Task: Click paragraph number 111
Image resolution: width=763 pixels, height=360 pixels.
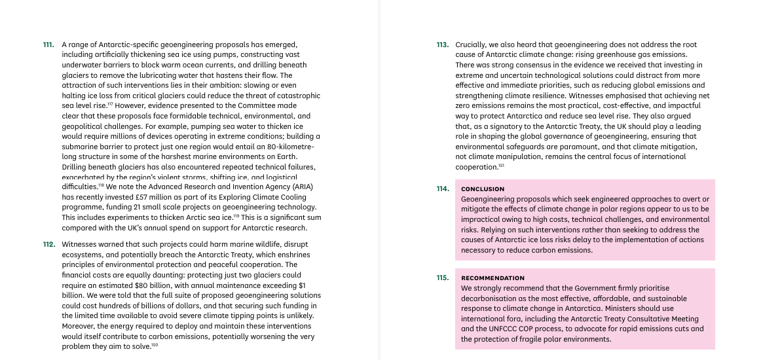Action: pyautogui.click(x=48, y=45)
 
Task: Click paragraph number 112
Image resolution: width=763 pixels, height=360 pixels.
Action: pyautogui.click(x=48, y=244)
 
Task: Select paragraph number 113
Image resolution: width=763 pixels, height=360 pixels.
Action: pyautogui.click(x=442, y=45)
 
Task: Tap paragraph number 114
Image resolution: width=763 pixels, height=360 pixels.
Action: pyautogui.click(x=442, y=189)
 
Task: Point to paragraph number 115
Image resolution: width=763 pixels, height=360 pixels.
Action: pyautogui.click(x=442, y=278)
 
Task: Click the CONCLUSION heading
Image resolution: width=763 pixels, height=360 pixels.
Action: pyautogui.click(x=483, y=189)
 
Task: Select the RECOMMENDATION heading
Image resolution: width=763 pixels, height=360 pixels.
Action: pyautogui.click(x=493, y=278)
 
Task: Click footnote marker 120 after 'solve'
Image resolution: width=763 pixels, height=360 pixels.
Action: pyautogui.click(x=155, y=345)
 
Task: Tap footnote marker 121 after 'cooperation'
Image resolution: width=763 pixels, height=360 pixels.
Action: pyautogui.click(x=501, y=166)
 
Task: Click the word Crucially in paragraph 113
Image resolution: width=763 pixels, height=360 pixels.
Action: pyautogui.click(x=471, y=45)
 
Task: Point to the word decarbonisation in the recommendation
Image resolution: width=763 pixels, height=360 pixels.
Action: pyautogui.click(x=491, y=298)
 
